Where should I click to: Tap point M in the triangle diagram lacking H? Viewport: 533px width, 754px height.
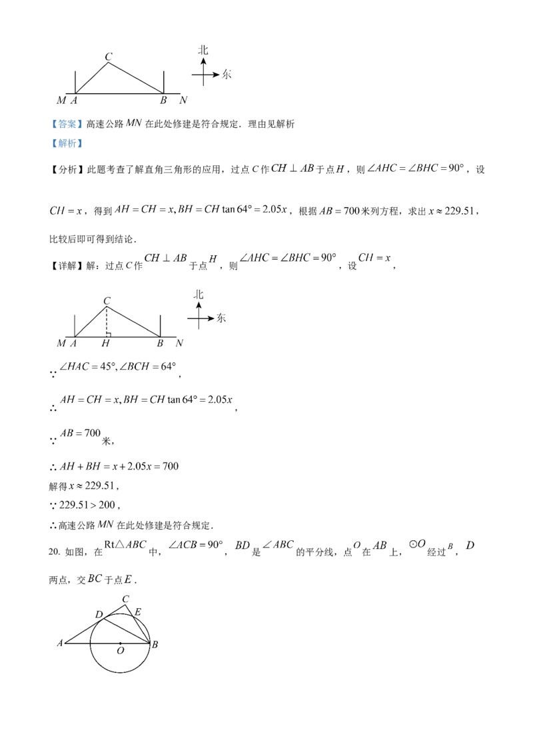(61, 101)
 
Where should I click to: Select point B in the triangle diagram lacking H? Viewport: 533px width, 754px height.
(162, 101)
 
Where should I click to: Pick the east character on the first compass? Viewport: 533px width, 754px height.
(227, 75)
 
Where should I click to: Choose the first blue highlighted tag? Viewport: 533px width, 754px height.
(67, 124)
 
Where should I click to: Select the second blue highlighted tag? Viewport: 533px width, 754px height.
(67, 143)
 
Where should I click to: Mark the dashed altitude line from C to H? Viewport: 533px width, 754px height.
(107, 323)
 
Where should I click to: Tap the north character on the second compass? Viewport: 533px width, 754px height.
(199, 294)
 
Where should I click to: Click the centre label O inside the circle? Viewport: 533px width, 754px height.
(121, 645)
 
